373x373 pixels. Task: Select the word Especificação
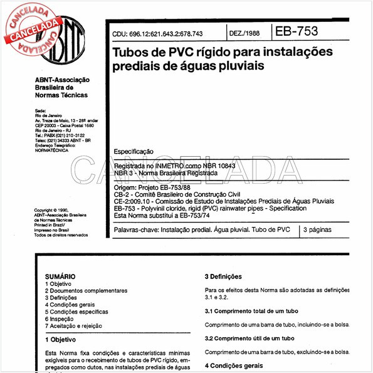tap(134, 152)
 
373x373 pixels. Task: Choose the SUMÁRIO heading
tap(60, 276)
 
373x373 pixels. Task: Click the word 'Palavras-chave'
tap(135, 230)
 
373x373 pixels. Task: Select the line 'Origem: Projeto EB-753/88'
tap(155, 187)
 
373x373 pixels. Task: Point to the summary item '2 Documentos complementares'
tap(87, 291)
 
